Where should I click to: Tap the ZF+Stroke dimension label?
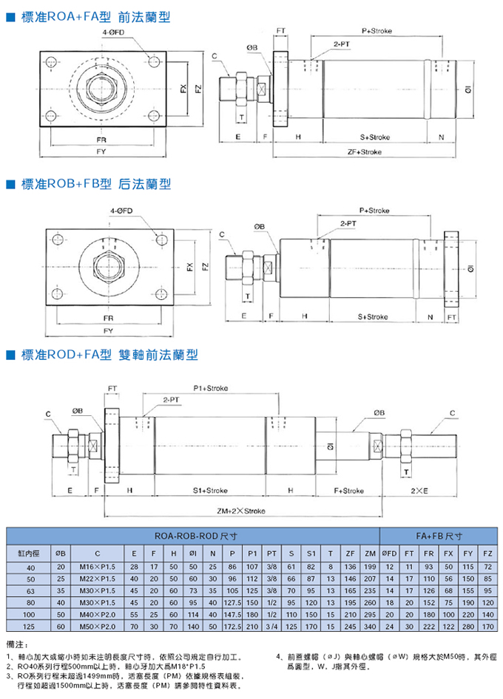364,151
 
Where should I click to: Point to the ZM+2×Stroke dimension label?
241,511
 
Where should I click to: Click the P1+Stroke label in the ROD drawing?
211,388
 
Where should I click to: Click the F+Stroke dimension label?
348,490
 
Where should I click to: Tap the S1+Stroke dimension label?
210,490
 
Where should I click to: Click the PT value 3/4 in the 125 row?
271,627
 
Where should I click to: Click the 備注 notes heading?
16,644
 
